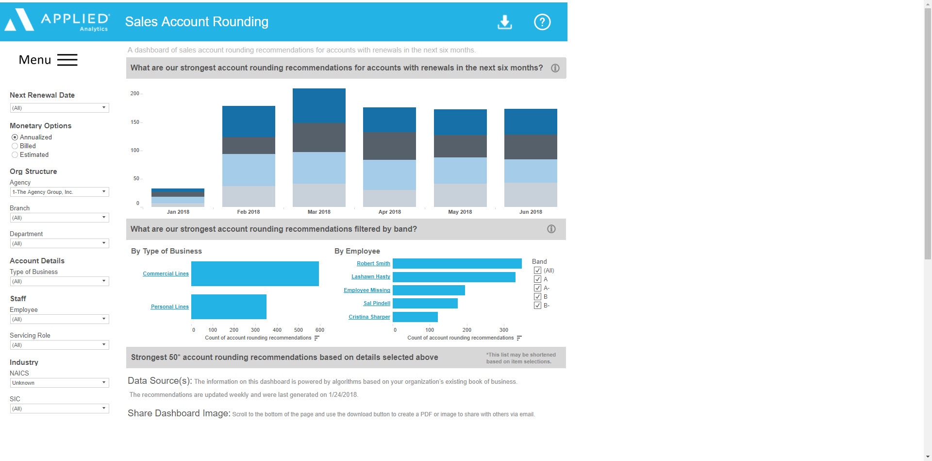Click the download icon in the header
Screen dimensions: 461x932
[505, 22]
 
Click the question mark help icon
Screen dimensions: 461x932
[542, 22]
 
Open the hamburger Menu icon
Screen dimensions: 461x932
[67, 60]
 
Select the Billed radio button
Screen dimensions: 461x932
[15, 146]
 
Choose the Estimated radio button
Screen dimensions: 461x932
[15, 155]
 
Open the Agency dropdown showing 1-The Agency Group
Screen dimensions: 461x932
[59, 192]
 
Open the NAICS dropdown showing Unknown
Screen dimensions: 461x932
[59, 383]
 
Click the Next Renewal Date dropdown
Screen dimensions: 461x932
[59, 108]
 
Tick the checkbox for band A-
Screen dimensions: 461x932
[537, 288]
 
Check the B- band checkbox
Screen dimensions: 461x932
[537, 306]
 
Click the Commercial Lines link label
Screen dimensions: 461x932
[166, 274]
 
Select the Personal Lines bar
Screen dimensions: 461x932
[229, 307]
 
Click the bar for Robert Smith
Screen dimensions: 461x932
[457, 263]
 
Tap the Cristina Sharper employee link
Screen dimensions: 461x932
[369, 317]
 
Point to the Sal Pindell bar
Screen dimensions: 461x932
[425, 303]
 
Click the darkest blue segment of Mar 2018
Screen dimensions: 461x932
[319, 105]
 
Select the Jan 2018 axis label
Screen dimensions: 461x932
[178, 212]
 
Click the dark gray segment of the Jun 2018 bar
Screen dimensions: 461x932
[531, 147]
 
